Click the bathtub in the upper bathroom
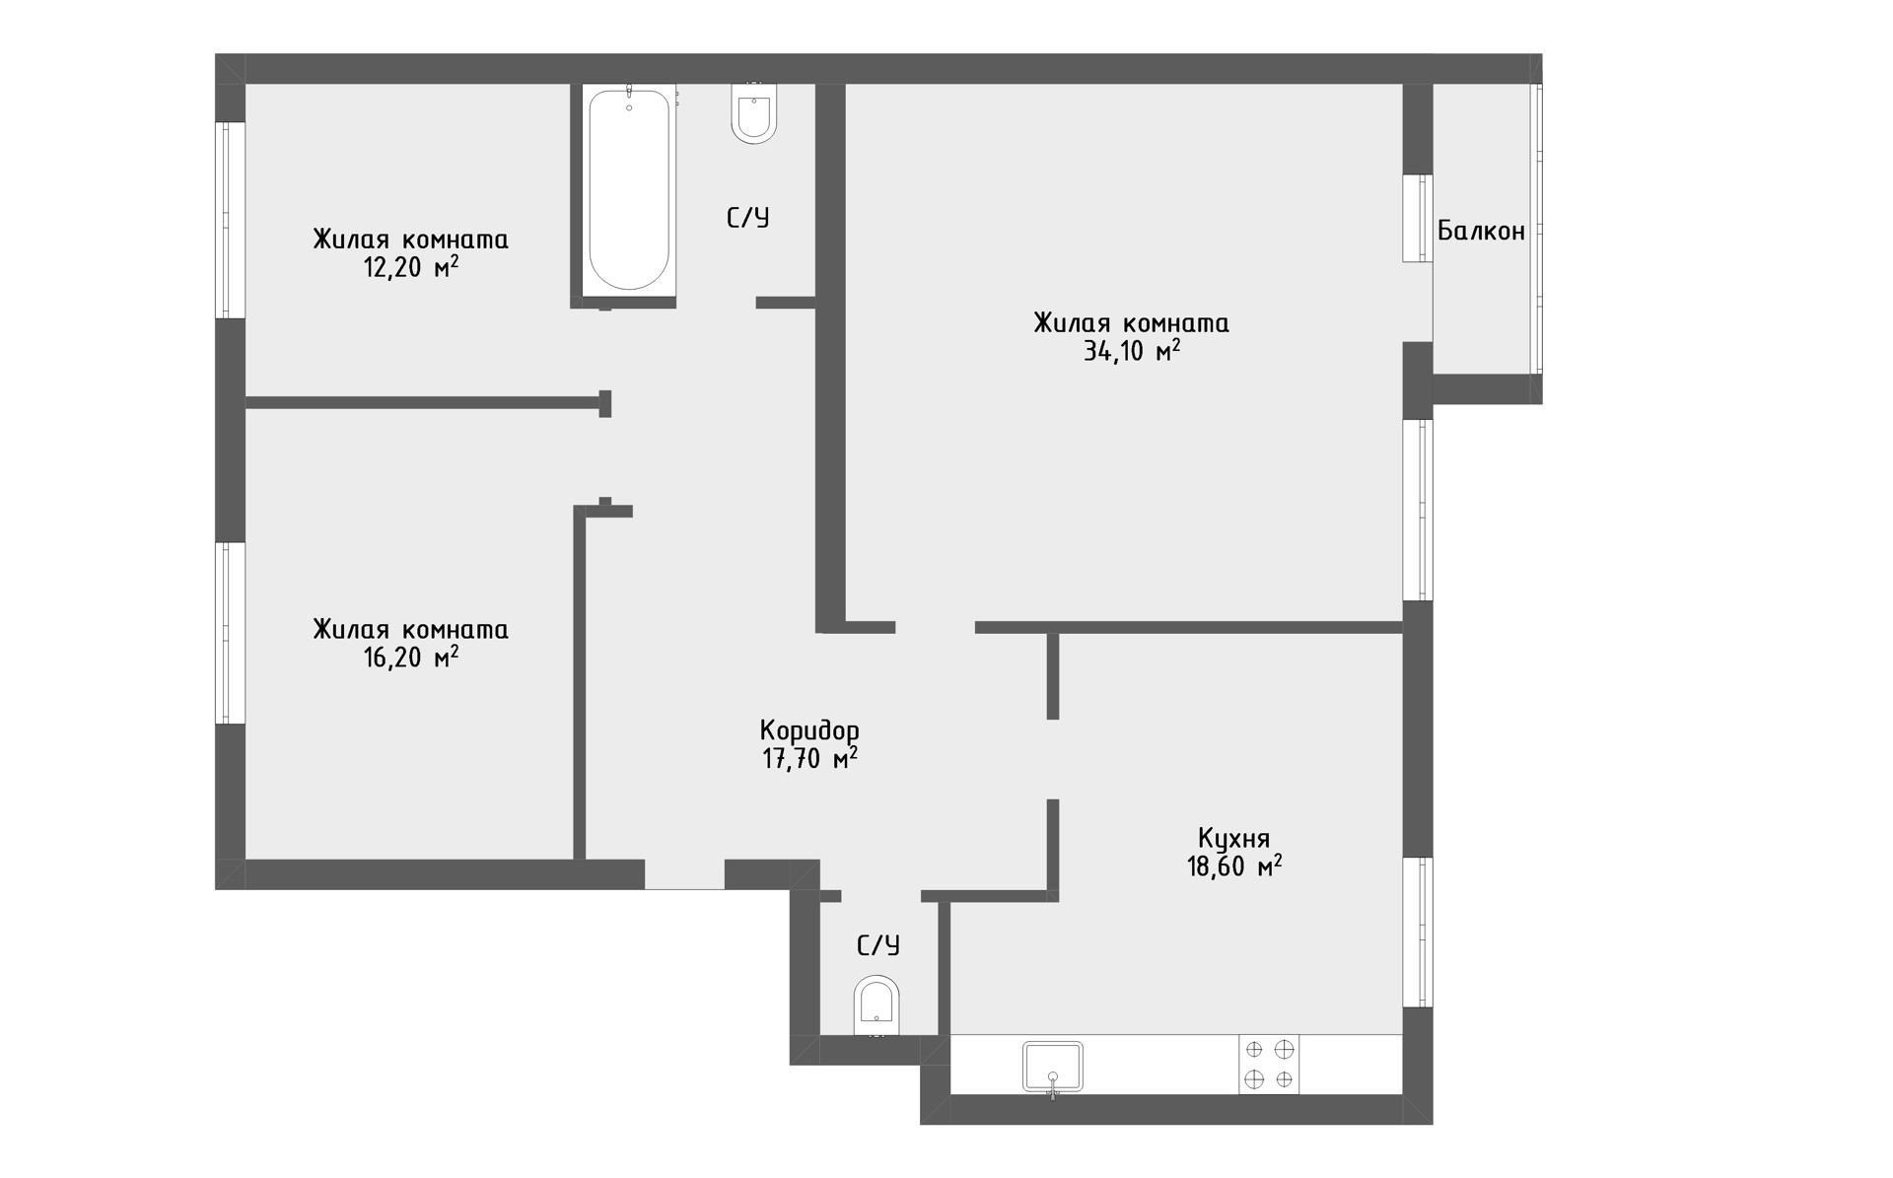point(629,189)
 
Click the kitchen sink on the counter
point(1053,1067)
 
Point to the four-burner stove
point(1269,1064)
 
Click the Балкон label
point(1481,231)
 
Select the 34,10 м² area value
point(1132,351)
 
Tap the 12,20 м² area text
point(411,267)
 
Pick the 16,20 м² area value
point(411,657)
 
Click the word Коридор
point(809,731)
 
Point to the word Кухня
point(1233,839)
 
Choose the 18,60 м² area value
point(1234,866)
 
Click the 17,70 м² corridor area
point(809,758)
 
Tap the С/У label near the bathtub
point(748,218)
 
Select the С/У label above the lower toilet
point(878,946)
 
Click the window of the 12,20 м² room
point(230,220)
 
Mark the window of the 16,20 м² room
point(230,633)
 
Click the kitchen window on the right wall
point(1418,932)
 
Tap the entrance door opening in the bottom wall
point(684,874)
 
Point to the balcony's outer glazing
point(1536,229)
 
